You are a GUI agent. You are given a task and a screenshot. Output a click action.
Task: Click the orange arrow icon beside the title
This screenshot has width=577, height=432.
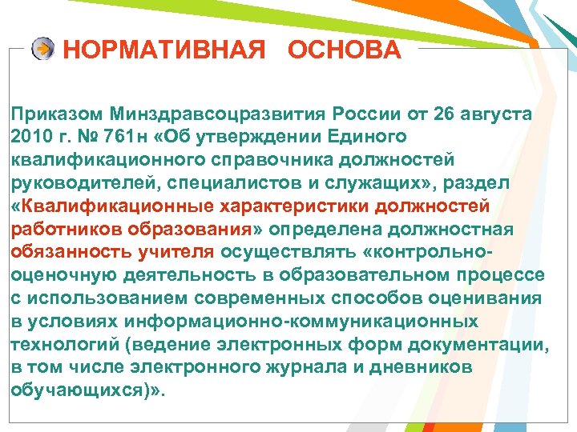point(43,49)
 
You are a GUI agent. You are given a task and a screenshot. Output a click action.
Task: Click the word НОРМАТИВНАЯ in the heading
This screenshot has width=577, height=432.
point(163,50)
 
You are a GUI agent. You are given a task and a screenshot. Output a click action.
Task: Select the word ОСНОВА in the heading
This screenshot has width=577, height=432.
point(345,50)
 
